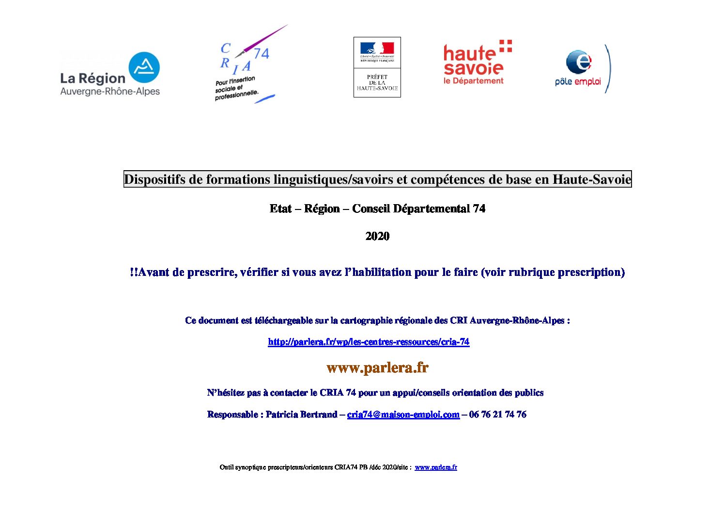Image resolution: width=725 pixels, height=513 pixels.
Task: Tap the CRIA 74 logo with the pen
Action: click(245, 65)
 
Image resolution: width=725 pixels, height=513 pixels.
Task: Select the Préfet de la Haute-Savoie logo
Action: click(377, 67)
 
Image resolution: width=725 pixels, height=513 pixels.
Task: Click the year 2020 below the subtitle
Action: click(377, 236)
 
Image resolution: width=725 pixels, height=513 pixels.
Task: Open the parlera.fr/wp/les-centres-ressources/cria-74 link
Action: click(369, 342)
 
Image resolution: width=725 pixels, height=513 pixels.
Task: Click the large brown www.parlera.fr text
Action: click(377, 368)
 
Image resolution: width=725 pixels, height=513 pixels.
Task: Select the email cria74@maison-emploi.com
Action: click(403, 415)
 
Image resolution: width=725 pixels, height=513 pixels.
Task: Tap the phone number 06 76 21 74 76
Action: click(497, 415)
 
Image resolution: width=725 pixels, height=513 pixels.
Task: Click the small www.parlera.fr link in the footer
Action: click(436, 467)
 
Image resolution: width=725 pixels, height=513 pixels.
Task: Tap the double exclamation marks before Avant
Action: click(134, 273)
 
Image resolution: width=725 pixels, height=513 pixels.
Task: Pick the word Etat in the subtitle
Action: click(280, 208)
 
